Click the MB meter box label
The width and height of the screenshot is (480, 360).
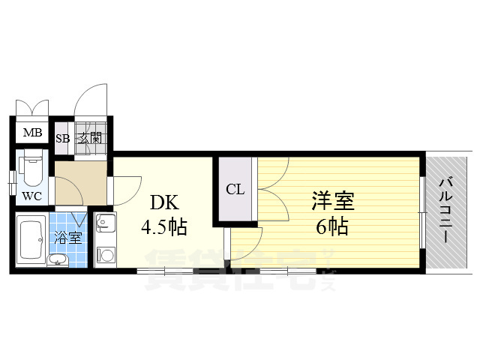click(x=32, y=133)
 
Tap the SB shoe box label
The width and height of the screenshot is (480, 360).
click(x=63, y=138)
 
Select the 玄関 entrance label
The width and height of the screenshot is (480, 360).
click(x=90, y=138)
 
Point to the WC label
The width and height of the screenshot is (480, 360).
click(x=31, y=196)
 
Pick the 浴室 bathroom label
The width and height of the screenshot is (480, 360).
click(x=67, y=238)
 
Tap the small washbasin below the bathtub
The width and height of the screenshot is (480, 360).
click(x=58, y=260)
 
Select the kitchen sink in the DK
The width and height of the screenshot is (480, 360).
click(x=105, y=222)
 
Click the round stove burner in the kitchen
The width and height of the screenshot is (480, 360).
click(x=106, y=255)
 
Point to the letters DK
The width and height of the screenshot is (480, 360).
click(x=164, y=202)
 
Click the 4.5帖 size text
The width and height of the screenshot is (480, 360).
click(x=164, y=227)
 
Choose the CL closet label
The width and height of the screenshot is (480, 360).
click(x=235, y=190)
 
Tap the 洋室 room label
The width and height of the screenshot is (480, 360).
click(x=333, y=201)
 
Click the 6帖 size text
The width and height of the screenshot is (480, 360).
click(x=332, y=226)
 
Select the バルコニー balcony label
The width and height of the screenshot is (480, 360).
click(x=445, y=210)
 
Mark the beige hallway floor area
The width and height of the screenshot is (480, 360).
click(x=81, y=183)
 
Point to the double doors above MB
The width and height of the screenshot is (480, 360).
click(x=32, y=108)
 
